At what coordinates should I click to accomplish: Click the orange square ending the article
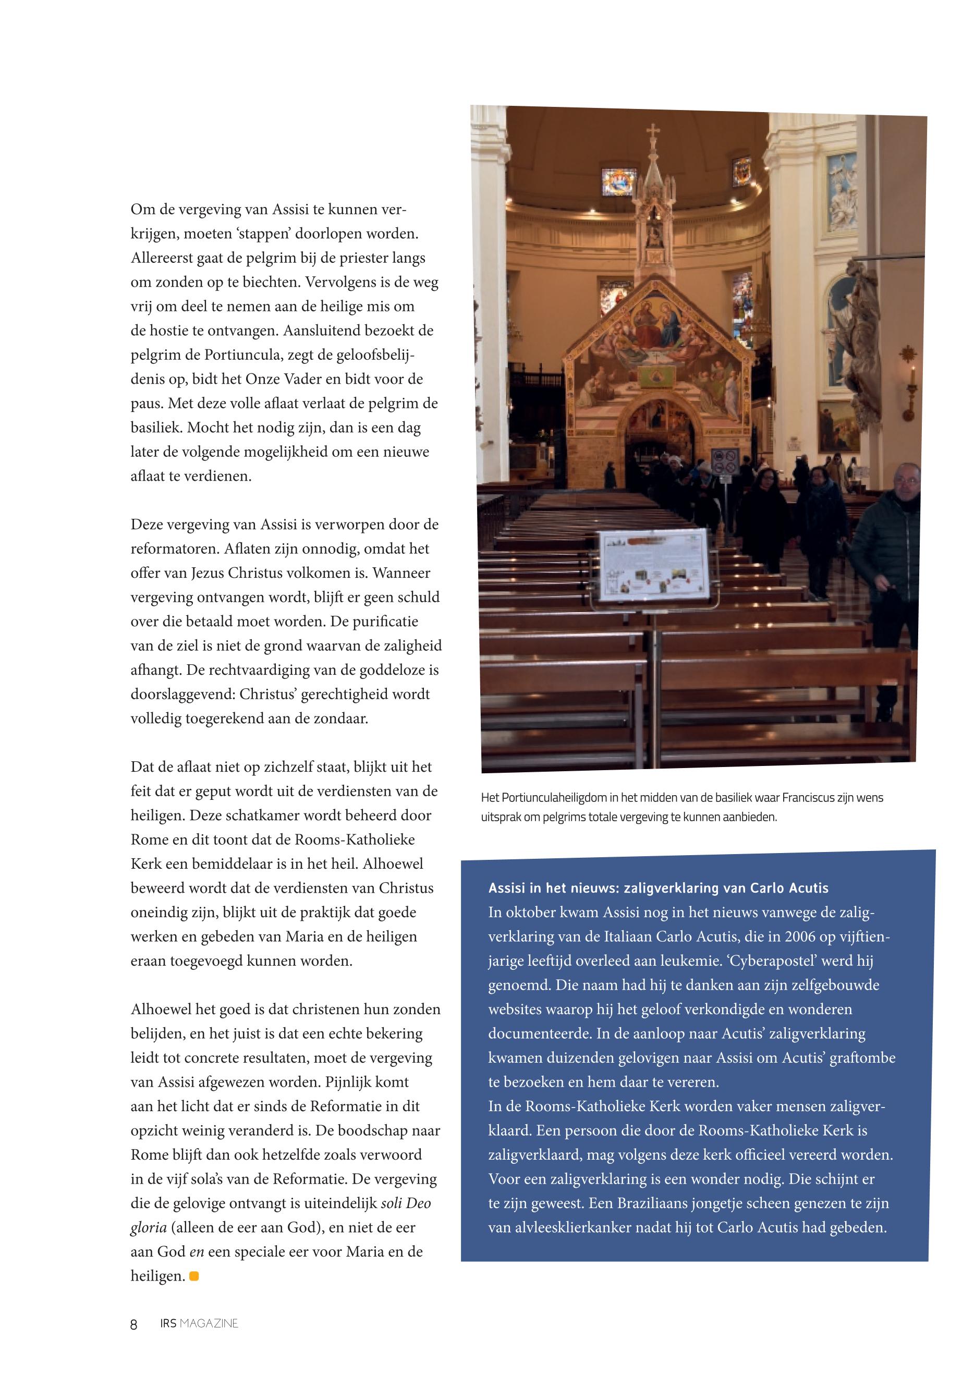click(x=194, y=1276)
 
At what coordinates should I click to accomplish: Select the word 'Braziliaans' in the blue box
click(x=653, y=1203)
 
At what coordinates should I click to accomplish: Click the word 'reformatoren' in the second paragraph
click(x=175, y=549)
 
